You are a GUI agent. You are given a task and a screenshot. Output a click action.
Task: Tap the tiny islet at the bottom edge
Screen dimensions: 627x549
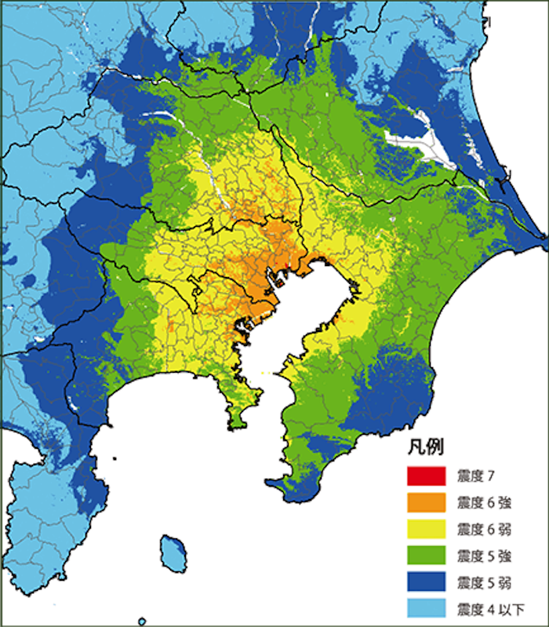pyautogui.click(x=141, y=621)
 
